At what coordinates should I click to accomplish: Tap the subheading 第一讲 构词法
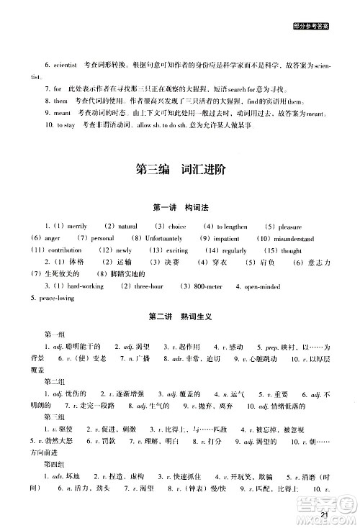[180, 208]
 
